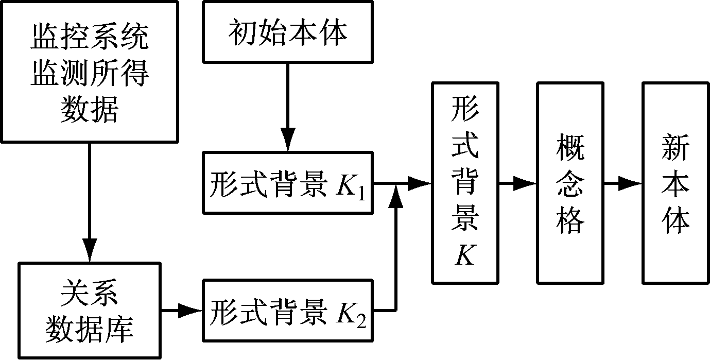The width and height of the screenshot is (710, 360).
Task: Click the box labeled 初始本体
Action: (287, 32)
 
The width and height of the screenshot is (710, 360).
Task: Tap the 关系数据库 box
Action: (90, 310)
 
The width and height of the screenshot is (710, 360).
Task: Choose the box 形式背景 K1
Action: (287, 183)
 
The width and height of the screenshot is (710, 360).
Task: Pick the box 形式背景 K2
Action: (287, 311)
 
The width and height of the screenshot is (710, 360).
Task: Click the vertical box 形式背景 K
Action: (465, 182)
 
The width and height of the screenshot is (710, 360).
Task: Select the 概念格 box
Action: (570, 182)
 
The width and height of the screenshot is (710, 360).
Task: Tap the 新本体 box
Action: (675, 182)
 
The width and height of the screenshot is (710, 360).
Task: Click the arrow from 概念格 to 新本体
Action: (623, 183)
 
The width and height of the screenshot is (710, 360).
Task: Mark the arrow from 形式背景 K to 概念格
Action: (518, 183)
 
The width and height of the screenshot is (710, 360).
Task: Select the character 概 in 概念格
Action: (570, 147)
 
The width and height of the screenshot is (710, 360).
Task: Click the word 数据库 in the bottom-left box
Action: (90, 327)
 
